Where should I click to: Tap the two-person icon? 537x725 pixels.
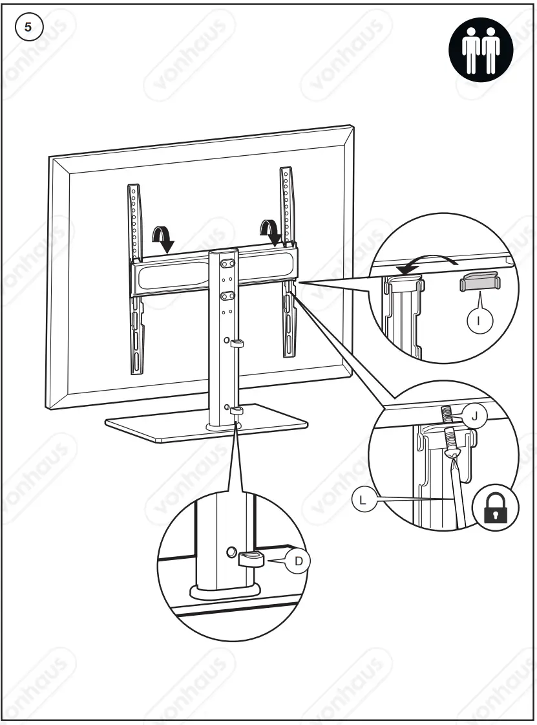pyautogui.click(x=480, y=49)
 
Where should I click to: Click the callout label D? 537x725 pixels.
pyautogui.click(x=298, y=561)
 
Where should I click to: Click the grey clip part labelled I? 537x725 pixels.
pyautogui.click(x=479, y=283)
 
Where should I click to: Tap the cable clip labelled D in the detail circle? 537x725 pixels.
pyautogui.click(x=253, y=558)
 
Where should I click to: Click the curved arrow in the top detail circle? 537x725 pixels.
pyautogui.click(x=426, y=263)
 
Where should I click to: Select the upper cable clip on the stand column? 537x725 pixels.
pyautogui.click(x=237, y=343)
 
